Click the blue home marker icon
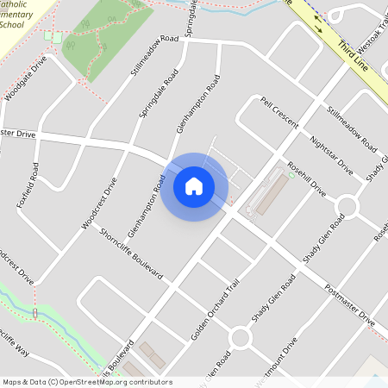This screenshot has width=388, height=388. pos(194,185)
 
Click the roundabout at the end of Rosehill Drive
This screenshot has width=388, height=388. pos(347,206)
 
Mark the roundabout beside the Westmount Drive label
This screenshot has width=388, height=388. pos(240,337)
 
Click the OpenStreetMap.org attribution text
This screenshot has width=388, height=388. pos(121,382)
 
